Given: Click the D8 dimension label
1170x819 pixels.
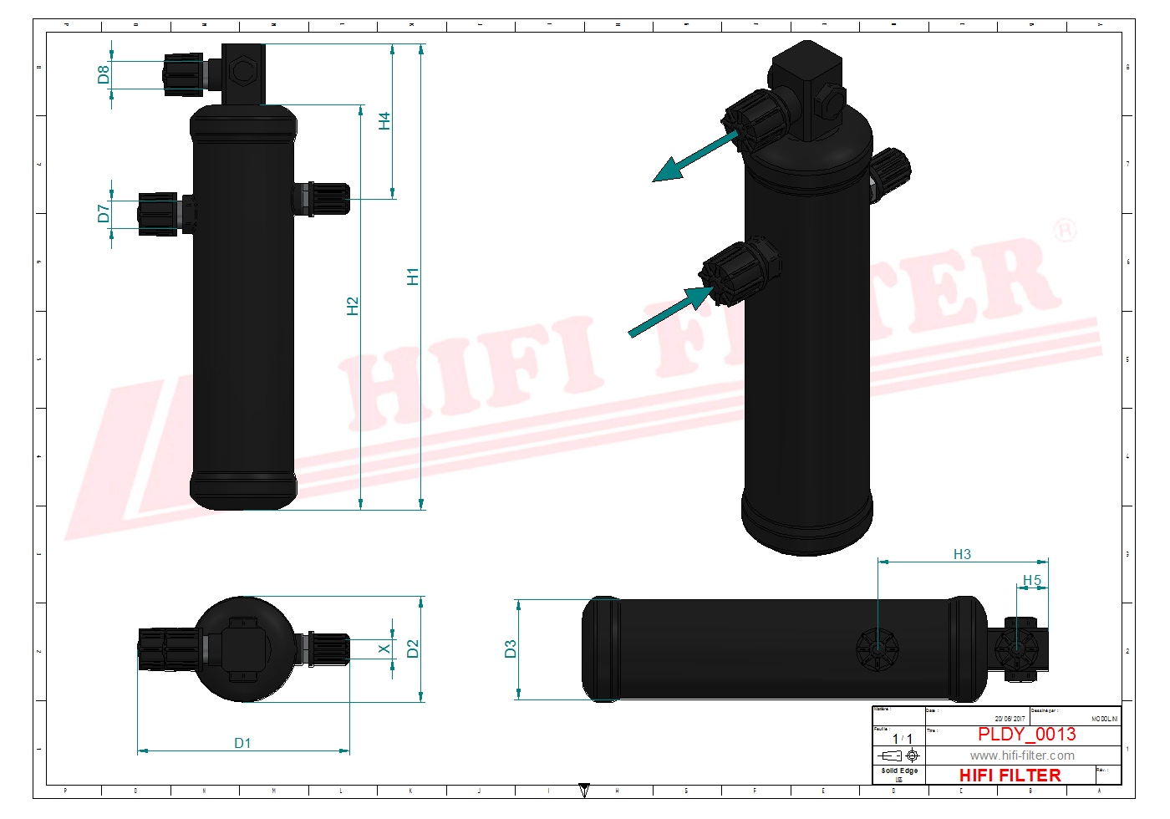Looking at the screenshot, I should (104, 74).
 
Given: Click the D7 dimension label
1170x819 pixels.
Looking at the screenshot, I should (104, 214).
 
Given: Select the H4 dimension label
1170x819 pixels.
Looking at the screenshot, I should (384, 121).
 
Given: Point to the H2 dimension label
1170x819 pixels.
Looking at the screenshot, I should (353, 307).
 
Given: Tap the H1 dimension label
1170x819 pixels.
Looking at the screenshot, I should (413, 277).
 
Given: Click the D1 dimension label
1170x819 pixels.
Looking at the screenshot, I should (242, 743).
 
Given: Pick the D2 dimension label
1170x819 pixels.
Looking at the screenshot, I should (413, 649).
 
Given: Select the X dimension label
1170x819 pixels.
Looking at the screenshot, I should (384, 649).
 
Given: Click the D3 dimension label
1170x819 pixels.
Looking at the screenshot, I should (511, 649).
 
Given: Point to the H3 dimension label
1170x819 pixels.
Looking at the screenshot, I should (962, 554).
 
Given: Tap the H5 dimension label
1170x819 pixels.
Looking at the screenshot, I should (1032, 580).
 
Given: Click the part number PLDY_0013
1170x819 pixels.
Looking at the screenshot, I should (1026, 734).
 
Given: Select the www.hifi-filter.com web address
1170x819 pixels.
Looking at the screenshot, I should (1022, 755).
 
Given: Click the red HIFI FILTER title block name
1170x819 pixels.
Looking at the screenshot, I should (1010, 776).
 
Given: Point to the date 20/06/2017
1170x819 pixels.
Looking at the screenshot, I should (1010, 719).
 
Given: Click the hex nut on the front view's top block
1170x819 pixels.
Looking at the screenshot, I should (242, 70).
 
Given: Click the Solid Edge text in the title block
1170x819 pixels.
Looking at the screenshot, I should (899, 771).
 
